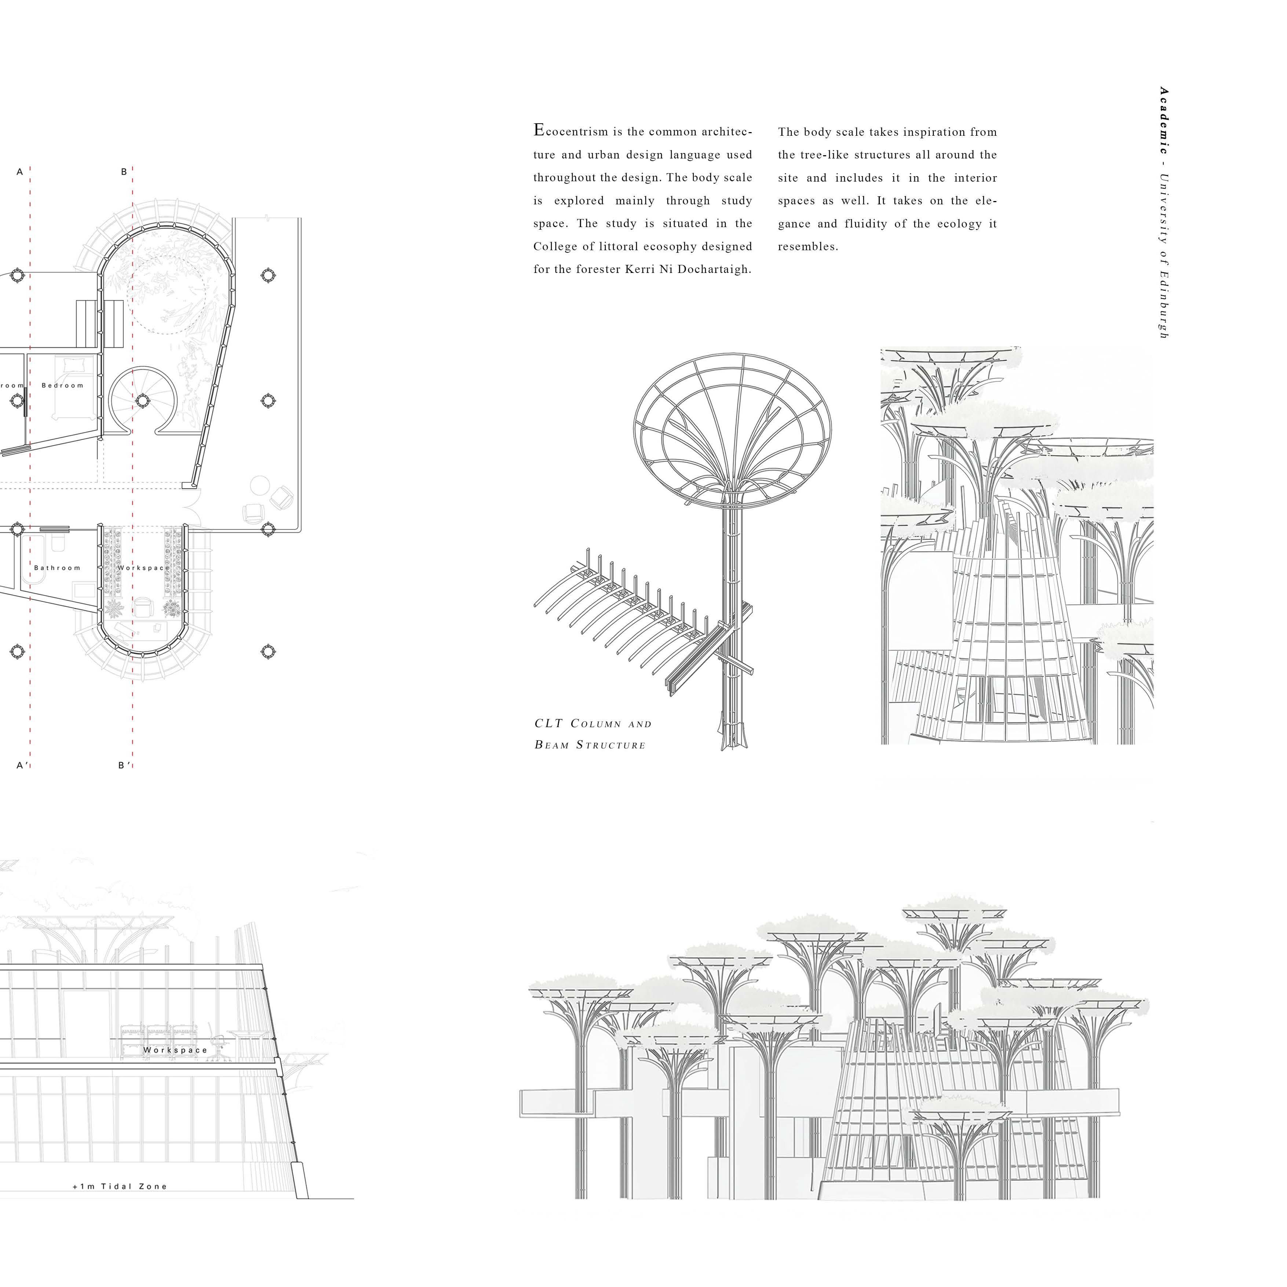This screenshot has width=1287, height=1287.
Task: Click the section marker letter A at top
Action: pos(20,172)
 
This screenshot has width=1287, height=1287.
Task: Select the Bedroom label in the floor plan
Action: pos(63,385)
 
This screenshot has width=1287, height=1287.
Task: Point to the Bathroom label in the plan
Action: pos(57,568)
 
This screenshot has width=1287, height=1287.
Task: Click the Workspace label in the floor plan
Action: pos(143,568)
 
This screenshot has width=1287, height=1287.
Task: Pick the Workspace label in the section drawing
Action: pos(175,1050)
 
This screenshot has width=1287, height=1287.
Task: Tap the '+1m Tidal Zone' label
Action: pos(120,1186)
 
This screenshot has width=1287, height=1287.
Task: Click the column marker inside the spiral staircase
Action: pos(142,400)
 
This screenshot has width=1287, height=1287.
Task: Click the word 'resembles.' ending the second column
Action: pos(808,247)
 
